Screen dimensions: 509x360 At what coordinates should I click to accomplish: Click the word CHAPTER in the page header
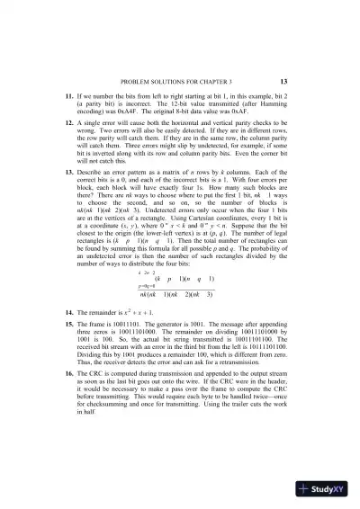[x=202, y=80]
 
